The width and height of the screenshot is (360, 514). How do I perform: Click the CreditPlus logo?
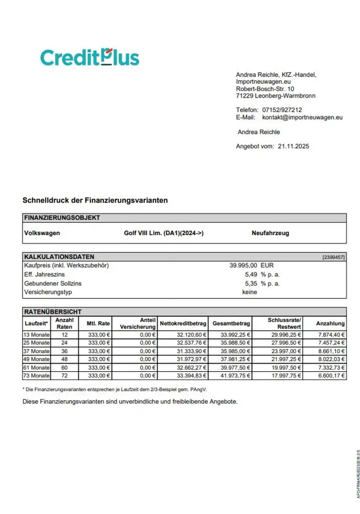tap(90, 57)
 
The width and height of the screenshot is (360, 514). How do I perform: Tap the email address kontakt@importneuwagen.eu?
tap(302, 117)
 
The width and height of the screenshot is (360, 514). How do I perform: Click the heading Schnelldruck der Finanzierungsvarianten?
tap(95, 200)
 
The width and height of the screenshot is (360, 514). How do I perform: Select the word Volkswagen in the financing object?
tap(42, 233)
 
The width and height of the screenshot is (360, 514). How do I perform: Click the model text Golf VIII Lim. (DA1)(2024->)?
tap(163, 233)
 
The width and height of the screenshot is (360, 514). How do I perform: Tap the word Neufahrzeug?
tap(270, 233)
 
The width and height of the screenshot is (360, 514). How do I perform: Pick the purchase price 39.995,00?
tap(243, 266)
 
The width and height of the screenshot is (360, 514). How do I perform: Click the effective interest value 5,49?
tap(250, 275)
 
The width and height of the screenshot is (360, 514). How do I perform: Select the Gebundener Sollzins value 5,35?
tap(250, 283)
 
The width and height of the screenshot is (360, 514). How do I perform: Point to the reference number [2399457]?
tap(333, 257)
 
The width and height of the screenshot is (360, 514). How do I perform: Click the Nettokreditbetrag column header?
tap(183, 324)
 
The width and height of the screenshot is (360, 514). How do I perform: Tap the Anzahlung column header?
tap(330, 324)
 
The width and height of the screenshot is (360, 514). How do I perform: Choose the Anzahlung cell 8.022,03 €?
tap(331, 359)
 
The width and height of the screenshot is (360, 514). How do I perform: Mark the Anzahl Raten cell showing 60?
tap(65, 367)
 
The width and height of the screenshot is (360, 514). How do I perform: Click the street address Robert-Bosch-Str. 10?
tap(265, 89)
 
